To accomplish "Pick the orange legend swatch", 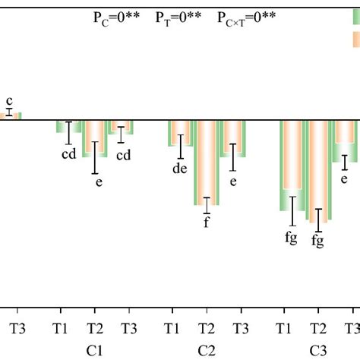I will (355, 39).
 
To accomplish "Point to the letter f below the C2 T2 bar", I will (205, 223).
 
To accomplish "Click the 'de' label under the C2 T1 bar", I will (180, 169).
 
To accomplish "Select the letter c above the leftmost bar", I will (9, 100).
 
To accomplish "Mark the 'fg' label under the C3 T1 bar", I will (291, 236).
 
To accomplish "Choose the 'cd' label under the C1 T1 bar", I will (69, 155).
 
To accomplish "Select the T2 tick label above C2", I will (206, 328).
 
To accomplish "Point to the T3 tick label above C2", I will (240, 328).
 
